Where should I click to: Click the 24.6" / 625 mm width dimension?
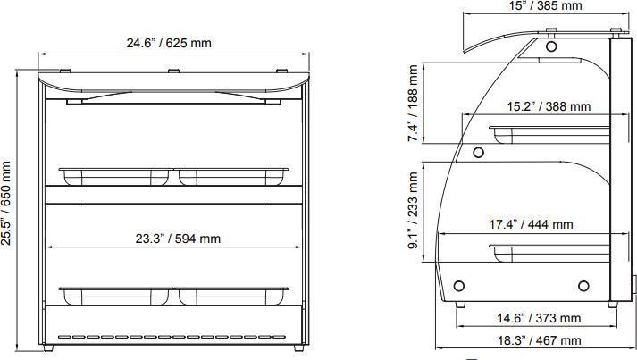coord(170,43)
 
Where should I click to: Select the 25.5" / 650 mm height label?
coord(8,203)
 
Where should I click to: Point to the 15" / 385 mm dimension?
coord(545,6)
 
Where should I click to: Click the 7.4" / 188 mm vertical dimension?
coord(413,104)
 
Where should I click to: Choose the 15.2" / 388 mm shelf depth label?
coord(549,106)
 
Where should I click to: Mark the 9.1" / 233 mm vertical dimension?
coord(413,211)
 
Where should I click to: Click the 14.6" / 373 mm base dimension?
coord(538,318)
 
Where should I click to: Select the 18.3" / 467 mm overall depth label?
coord(538,340)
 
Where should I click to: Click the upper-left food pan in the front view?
coord(114,175)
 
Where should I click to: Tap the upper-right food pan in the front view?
coord(233,175)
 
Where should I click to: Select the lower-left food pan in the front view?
coord(114,296)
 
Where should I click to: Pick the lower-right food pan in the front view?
coord(233,296)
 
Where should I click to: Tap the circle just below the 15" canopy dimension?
coord(551,45)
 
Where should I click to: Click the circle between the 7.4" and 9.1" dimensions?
coord(478,152)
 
